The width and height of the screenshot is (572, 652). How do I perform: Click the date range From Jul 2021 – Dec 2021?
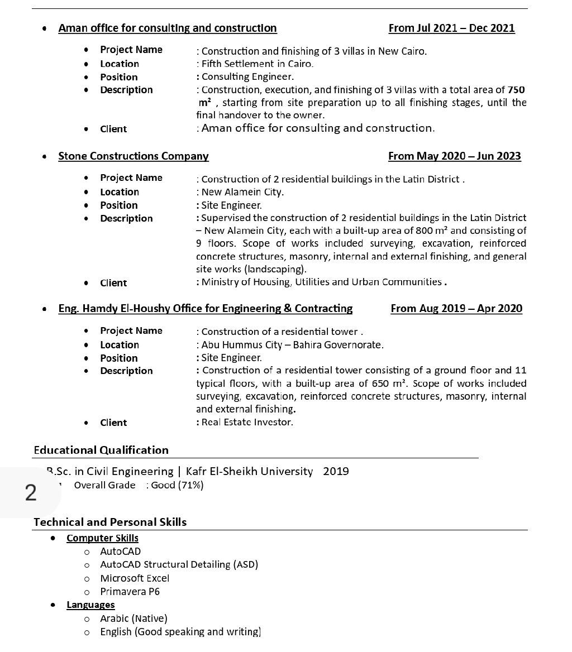(x=451, y=28)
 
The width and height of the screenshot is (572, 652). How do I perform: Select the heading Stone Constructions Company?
(x=134, y=156)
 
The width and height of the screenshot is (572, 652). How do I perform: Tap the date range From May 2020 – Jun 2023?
(x=454, y=156)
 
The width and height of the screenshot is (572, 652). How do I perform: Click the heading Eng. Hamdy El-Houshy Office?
(x=205, y=309)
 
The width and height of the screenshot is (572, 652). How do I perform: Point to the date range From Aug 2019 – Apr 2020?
(x=456, y=309)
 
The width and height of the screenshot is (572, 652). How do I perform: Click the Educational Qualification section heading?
(x=101, y=450)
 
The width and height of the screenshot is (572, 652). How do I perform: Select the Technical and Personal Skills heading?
(x=110, y=522)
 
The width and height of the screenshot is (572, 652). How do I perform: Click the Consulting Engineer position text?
(x=247, y=77)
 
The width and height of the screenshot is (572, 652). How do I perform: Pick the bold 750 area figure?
(x=516, y=90)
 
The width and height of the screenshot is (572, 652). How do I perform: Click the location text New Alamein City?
(x=242, y=192)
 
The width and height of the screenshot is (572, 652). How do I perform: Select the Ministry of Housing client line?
(x=321, y=282)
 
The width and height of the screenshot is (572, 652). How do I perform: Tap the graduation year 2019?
(x=336, y=472)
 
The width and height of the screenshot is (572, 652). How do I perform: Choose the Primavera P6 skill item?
(x=130, y=592)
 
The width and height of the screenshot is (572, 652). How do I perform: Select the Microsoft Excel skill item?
(x=135, y=578)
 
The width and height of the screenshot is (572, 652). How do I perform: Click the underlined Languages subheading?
(x=90, y=605)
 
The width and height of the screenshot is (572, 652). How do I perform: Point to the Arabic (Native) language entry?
(x=134, y=619)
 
